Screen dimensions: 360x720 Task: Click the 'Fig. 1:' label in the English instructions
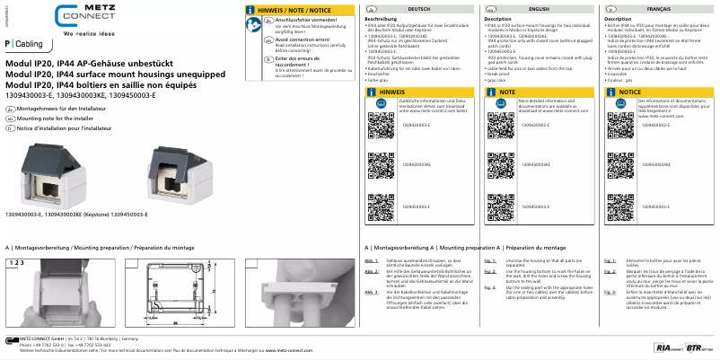click(490, 259)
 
